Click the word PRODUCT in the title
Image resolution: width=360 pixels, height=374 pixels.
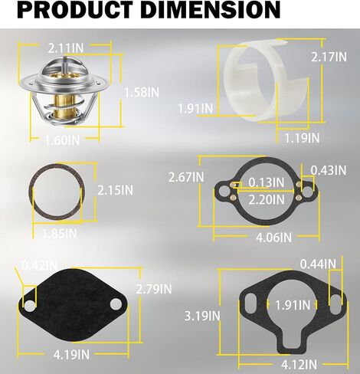[x=75, y=10]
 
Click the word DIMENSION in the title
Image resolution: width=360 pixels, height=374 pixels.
[x=210, y=10]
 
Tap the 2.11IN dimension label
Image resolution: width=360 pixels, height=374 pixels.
[x=66, y=48]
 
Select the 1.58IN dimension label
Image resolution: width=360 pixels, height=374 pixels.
[x=142, y=92]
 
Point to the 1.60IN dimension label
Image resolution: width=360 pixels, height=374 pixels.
[x=63, y=140]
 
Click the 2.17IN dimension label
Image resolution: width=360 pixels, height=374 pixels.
[x=329, y=57]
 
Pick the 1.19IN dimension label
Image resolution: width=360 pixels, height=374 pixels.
[x=302, y=138]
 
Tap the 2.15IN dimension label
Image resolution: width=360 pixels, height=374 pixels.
[x=116, y=190]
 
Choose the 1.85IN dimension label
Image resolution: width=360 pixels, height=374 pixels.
[x=59, y=234]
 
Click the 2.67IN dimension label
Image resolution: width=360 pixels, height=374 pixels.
[x=186, y=177]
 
